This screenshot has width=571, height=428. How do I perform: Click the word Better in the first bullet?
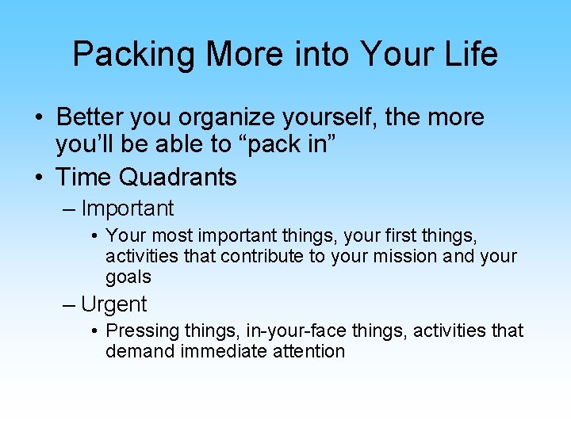coord(87,117)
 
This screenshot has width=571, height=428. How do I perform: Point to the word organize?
coord(230,118)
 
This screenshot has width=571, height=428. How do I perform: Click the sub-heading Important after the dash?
coord(127,208)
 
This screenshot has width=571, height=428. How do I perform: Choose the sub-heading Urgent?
coord(113,304)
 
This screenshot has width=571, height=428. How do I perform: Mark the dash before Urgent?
coord(69,304)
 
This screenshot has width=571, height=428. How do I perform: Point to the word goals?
coord(128,277)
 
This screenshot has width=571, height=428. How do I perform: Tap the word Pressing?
coord(137,331)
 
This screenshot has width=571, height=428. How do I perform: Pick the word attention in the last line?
coord(308,351)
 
